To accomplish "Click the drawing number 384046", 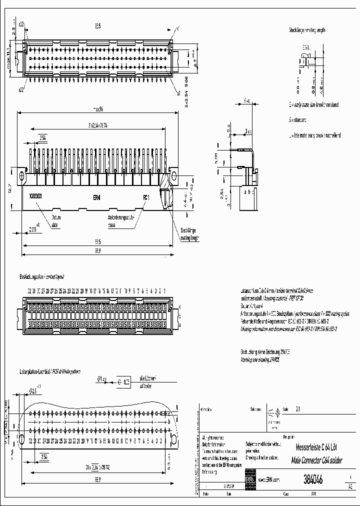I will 312,479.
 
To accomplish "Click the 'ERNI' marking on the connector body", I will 96,197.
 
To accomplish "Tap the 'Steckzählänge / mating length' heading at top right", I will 306,30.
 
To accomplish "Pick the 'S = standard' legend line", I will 300,120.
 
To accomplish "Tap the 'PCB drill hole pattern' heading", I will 50,372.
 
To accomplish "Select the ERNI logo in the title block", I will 249,478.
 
